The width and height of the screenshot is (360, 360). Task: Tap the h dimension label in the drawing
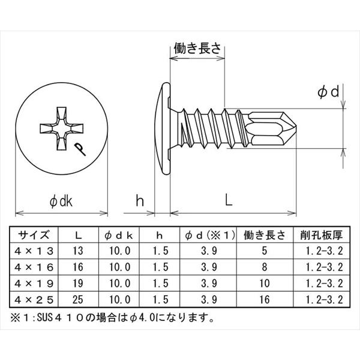140,202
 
